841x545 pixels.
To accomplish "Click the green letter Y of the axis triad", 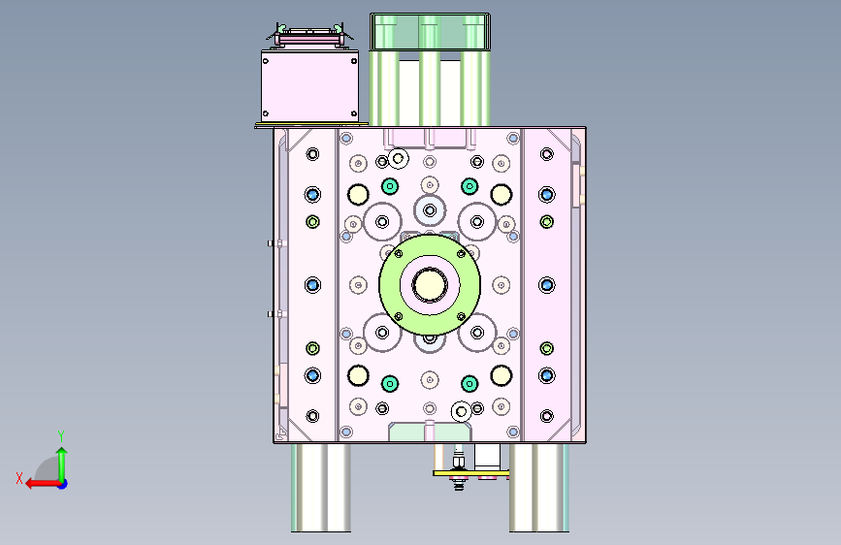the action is pos(61,435).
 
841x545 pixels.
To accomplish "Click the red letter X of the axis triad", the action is pos(19,478).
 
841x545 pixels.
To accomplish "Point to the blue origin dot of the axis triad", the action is pos(63,484).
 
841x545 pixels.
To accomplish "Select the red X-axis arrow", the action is pos(43,484).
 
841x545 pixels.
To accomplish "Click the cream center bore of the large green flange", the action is pos(429,285).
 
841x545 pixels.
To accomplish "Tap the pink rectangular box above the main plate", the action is pos(309,86).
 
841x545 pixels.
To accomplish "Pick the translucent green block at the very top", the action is pos(430,32).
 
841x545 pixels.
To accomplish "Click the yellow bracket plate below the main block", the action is pos(470,473).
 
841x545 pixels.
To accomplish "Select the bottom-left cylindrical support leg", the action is pos(321,488).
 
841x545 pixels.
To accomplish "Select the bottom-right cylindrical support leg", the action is pos(539,488).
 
